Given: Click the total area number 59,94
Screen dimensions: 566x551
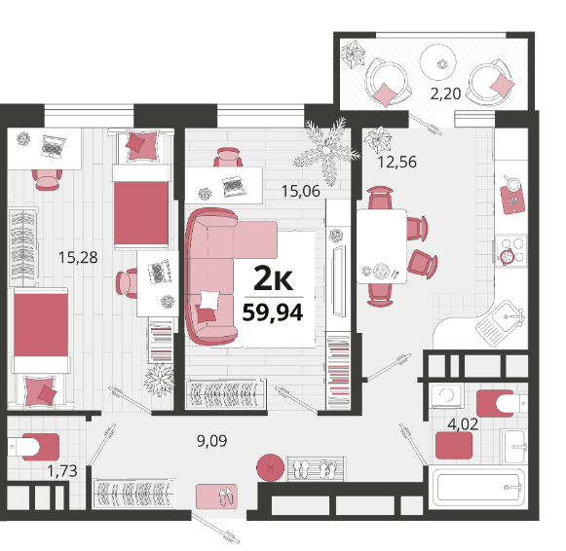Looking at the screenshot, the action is [273, 313].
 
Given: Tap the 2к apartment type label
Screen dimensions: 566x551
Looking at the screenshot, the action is [273, 278].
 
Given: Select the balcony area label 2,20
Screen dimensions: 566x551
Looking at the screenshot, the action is [445, 93].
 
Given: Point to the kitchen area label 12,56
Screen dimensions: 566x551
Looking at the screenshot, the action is [396, 162].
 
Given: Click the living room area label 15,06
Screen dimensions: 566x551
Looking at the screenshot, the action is [300, 191].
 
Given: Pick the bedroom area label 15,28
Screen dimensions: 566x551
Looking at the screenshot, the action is [78, 257].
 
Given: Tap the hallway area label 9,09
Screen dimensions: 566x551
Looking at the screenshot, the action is [212, 441].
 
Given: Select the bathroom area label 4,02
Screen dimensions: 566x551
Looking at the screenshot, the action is [463, 424].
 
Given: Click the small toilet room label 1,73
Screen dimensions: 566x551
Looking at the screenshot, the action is [62, 471].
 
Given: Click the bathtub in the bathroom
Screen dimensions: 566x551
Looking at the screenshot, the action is [478, 487].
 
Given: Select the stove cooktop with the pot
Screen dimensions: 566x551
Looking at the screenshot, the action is [510, 251].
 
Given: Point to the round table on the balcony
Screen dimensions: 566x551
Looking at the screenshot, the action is [438, 62].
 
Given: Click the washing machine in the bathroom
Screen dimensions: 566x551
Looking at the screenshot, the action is [447, 396].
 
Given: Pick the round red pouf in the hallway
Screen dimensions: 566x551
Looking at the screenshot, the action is [270, 467].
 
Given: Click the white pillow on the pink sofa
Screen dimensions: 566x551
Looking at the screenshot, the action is [209, 300].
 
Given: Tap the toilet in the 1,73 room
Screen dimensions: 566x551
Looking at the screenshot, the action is [33, 447].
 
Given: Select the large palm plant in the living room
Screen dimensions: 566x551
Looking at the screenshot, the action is [326, 151].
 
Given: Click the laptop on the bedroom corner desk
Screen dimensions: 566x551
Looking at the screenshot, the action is [53, 146].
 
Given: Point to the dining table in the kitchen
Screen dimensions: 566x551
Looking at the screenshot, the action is [381, 246].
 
